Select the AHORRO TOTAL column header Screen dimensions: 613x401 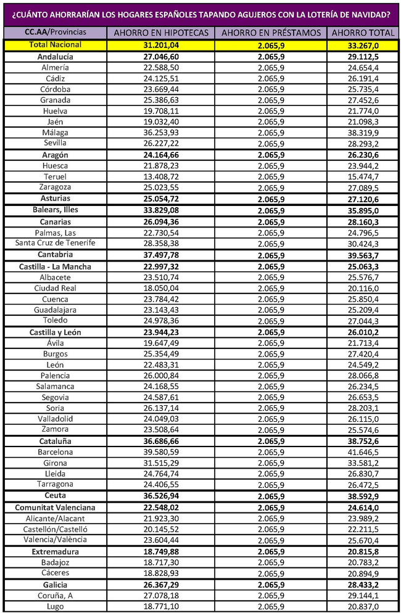[x=362, y=33]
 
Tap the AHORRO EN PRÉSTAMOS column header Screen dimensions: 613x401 [x=271, y=33]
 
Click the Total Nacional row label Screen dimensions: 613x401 [x=55, y=45]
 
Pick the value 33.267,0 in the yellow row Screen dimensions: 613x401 [x=362, y=45]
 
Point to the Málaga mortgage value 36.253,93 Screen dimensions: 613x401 [x=159, y=133]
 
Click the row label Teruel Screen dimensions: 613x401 [x=56, y=176]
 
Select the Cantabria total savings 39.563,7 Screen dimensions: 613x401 [x=362, y=255]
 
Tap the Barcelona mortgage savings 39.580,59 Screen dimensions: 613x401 [x=159, y=452]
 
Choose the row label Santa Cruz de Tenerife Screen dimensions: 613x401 [x=56, y=243]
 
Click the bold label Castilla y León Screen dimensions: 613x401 [x=56, y=332]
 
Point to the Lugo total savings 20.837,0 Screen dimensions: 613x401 [x=362, y=607]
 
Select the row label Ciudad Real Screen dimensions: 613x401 [x=56, y=288]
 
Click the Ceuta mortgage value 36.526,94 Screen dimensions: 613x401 [x=159, y=496]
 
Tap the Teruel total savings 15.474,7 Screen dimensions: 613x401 [x=362, y=176]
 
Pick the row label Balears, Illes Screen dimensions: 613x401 [x=56, y=210]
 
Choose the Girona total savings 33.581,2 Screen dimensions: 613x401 [x=362, y=463]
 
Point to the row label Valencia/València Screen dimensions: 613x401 [x=56, y=540]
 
